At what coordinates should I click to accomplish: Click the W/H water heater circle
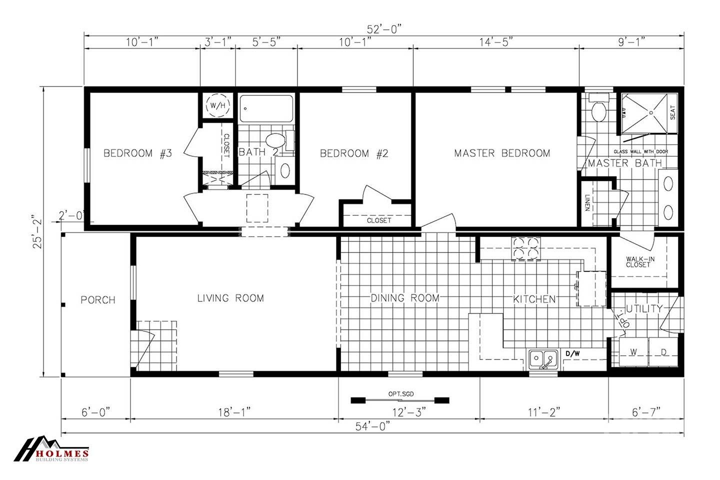click(x=217, y=105)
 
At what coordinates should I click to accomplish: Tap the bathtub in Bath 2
click(x=266, y=109)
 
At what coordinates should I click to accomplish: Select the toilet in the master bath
click(x=598, y=111)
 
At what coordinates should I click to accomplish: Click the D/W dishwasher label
click(x=572, y=354)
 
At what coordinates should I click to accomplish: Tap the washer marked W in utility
click(x=633, y=352)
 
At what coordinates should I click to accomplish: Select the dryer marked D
click(x=664, y=352)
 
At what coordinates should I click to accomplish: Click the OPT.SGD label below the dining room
click(x=399, y=393)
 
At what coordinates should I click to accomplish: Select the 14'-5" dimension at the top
click(x=495, y=42)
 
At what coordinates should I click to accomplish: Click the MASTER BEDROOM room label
click(x=502, y=153)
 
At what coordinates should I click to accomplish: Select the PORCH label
click(x=98, y=300)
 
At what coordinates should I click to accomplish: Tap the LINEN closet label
click(x=587, y=202)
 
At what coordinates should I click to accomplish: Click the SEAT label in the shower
click(x=673, y=112)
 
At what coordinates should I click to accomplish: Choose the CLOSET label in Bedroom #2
click(x=379, y=220)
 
